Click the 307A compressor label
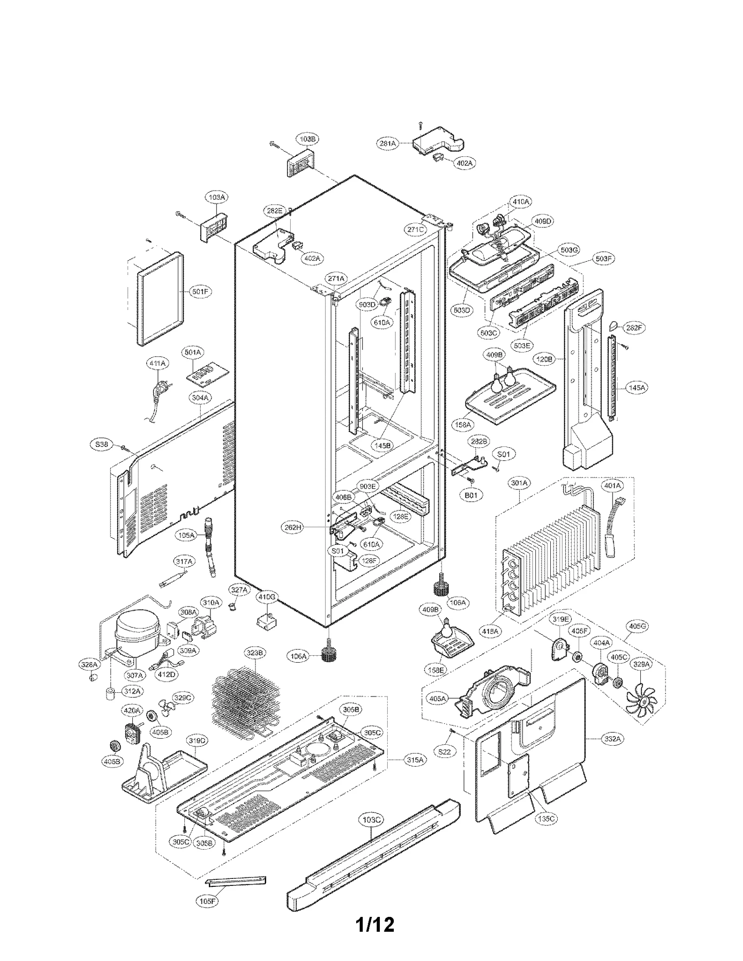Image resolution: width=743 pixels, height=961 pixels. (134, 675)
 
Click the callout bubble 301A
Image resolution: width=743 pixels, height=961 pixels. (520, 483)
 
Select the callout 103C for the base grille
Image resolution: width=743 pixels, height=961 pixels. (371, 820)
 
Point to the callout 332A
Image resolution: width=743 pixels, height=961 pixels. (612, 739)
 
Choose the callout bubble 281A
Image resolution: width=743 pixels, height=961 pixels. (387, 144)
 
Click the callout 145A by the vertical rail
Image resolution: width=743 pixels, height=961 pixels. (637, 387)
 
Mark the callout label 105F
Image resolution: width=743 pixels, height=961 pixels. (207, 901)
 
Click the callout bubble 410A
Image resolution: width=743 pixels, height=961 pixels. (521, 202)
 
